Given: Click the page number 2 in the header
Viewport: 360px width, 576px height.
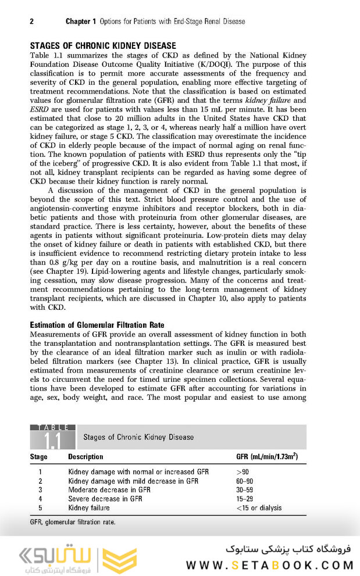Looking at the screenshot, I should [x=31, y=22].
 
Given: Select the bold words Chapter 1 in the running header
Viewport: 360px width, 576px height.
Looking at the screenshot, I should [x=81, y=22].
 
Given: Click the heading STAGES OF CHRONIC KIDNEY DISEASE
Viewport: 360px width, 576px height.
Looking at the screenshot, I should [x=103, y=46].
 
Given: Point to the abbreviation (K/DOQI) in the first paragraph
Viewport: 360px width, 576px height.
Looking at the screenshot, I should [x=209, y=65].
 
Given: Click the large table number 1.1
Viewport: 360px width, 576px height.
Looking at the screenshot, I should [x=52, y=441].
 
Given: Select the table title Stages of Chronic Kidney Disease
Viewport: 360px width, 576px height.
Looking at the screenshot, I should [x=138, y=437].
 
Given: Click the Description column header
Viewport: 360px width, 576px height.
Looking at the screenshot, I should [x=85, y=457].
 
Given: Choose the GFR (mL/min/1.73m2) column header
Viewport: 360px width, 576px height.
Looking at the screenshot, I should [x=267, y=457].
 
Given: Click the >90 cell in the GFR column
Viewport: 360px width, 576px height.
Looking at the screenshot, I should [x=243, y=473].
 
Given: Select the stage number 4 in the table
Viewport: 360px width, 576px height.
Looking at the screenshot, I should [x=40, y=499].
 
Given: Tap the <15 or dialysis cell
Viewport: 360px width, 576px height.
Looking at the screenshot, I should [x=259, y=507].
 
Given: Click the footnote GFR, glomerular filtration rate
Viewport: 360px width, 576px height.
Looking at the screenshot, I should [x=73, y=522].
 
